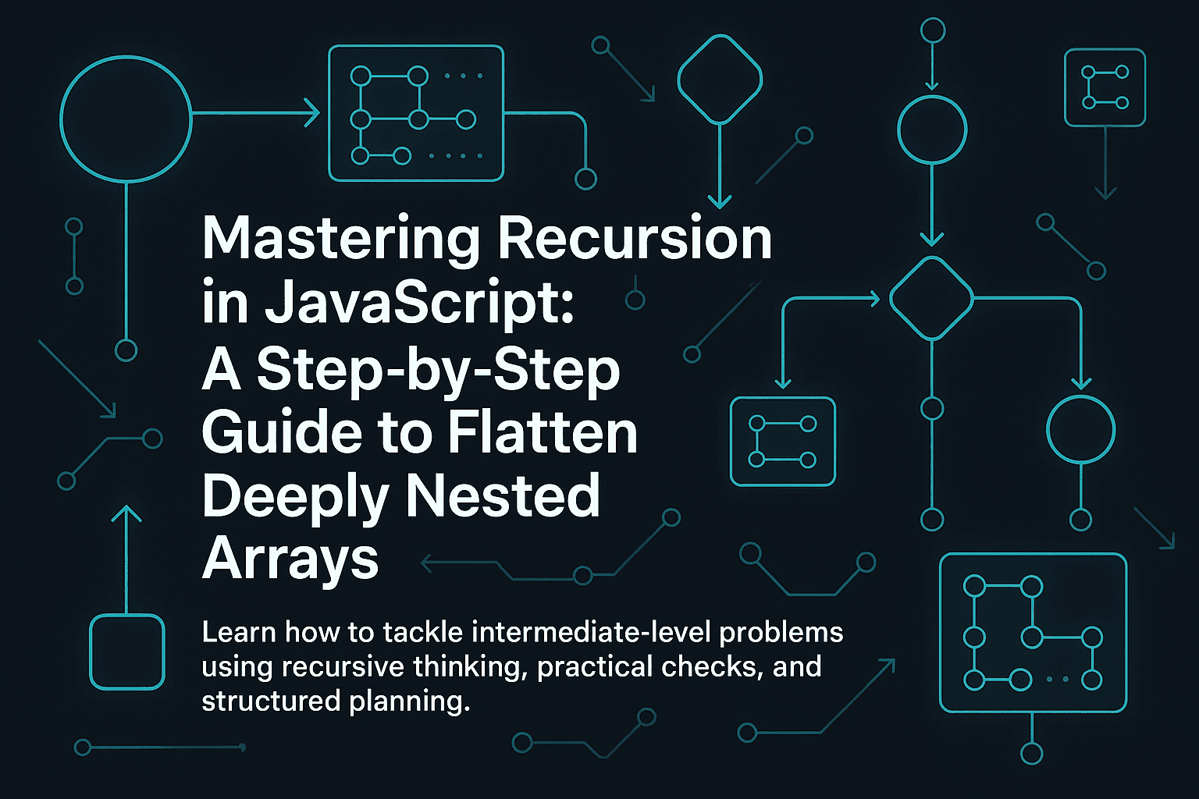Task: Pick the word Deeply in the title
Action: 295,497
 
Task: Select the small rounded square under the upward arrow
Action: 127,652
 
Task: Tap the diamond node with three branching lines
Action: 931,298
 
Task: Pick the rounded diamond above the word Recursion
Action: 720,79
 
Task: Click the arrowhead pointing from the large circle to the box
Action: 312,114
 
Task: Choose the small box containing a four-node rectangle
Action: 782,442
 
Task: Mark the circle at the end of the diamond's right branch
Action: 1080,430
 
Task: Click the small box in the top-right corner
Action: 1105,87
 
